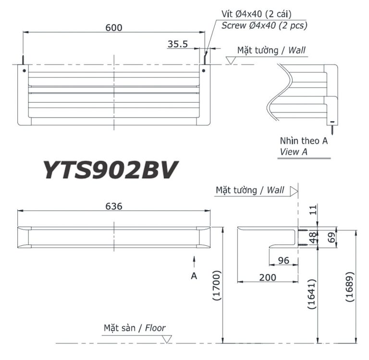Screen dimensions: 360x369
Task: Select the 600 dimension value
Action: (x=113, y=27)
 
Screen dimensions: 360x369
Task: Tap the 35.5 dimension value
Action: (x=177, y=44)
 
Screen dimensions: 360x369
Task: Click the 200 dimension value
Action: (x=267, y=277)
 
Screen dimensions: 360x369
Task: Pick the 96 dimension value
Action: (x=283, y=260)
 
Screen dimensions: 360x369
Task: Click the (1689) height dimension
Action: (x=349, y=287)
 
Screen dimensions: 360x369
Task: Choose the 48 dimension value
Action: (x=312, y=238)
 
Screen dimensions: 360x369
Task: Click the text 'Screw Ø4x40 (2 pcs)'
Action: (x=264, y=25)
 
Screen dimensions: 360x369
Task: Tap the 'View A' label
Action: (x=294, y=152)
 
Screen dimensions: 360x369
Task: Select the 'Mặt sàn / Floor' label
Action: (x=135, y=328)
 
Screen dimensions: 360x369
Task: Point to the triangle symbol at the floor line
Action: (x=167, y=339)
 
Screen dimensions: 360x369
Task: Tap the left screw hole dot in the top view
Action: (x=24, y=71)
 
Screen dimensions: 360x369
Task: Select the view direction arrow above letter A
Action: (x=194, y=262)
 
